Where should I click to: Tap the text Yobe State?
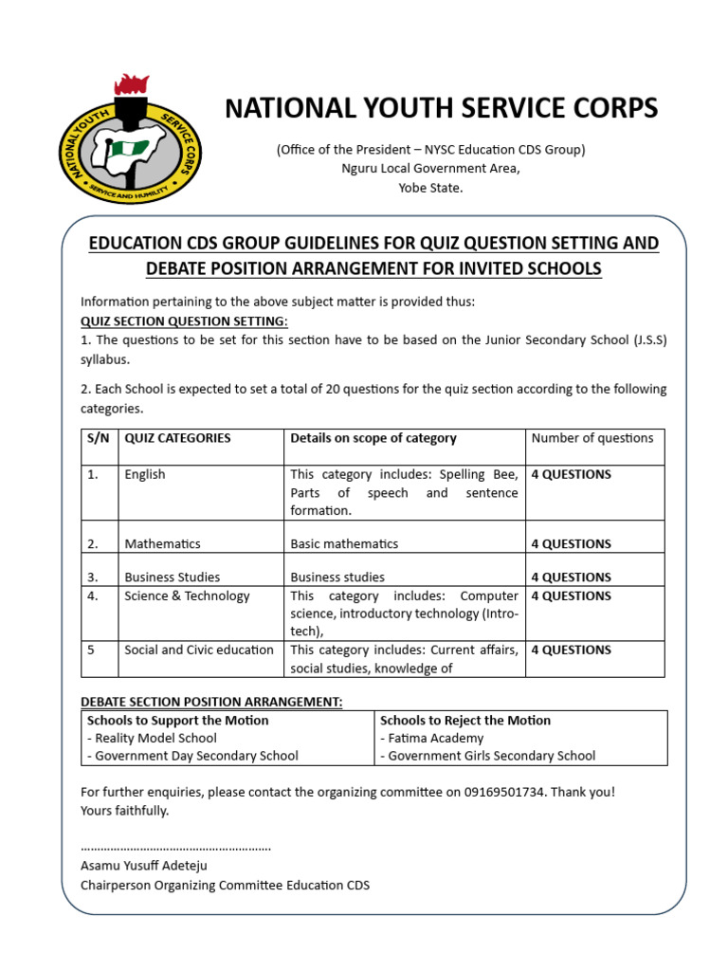click(x=430, y=188)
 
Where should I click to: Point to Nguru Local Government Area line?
click(x=430, y=169)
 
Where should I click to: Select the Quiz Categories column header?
click(x=177, y=438)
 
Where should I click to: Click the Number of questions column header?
click(x=592, y=438)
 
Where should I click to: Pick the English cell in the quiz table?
click(x=145, y=474)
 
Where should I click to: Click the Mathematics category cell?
click(x=162, y=543)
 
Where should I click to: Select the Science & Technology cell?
click(x=187, y=595)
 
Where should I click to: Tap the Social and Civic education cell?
click(x=199, y=650)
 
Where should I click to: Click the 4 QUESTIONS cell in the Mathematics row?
click(x=571, y=543)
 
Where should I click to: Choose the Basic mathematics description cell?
click(x=344, y=543)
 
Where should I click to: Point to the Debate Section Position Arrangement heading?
click(x=211, y=701)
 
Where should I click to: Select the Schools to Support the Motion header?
click(x=177, y=720)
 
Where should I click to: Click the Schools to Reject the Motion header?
click(x=465, y=720)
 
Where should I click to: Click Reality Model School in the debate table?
click(x=154, y=738)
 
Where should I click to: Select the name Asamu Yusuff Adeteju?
click(x=144, y=865)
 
